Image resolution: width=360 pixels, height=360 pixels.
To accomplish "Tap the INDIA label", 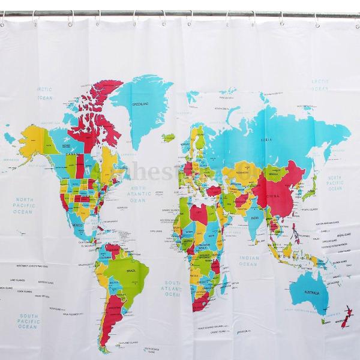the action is tap(254, 218).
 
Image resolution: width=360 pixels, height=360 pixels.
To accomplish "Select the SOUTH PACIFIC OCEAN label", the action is tap(29, 320).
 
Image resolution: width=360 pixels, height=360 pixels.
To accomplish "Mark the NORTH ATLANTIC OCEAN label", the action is tap(139, 194).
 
